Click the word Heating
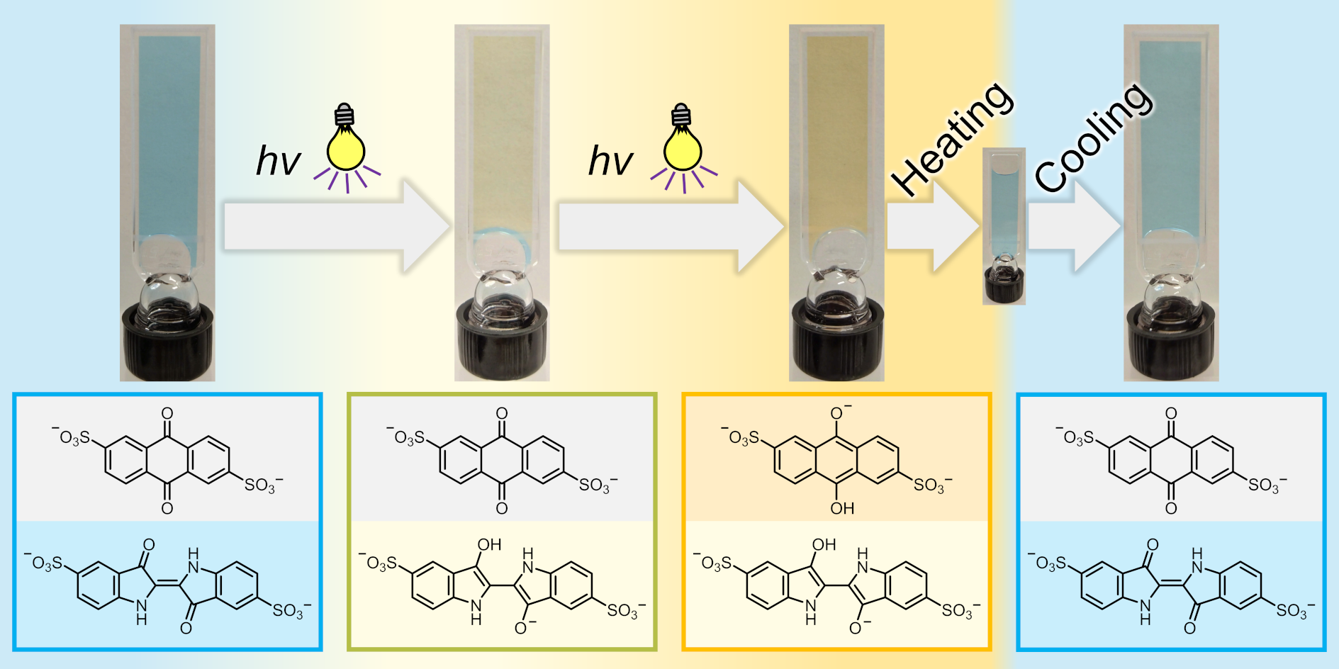pos(952,139)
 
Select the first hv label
pos(278,162)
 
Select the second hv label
pos(610,162)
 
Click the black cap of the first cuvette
pos(167,344)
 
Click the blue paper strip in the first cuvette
pos(169,135)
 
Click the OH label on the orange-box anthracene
pos(842,508)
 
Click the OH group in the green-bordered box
pos(489,544)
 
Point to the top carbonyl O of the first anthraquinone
pos(167,413)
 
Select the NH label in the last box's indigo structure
pos(1197,559)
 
